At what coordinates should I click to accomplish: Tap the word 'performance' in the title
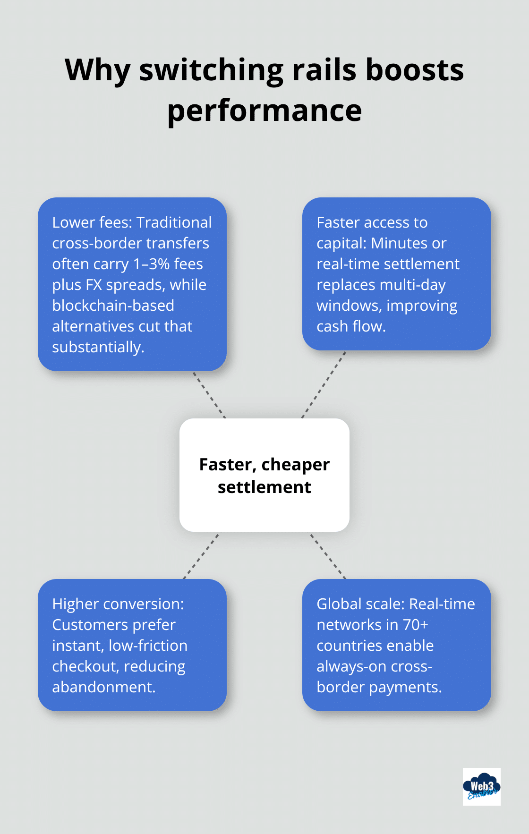pos(264,111)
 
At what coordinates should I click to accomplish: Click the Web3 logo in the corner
pos(481,786)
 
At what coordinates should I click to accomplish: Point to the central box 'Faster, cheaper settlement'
pos(264,475)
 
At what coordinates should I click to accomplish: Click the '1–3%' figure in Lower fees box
pos(151,264)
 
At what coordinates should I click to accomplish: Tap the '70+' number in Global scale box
pos(415,625)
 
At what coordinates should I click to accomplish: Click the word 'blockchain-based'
pos(113,306)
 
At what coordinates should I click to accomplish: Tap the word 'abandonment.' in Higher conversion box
pos(103,687)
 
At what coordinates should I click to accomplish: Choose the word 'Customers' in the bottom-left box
pos(89,625)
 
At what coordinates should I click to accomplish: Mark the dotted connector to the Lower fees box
pos(209,395)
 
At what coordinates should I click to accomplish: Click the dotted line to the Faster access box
pos(324,384)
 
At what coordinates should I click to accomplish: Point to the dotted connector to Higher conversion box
pos(202,555)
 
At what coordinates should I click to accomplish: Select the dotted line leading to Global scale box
pos(327,555)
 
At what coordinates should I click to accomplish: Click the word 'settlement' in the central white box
pos(264,487)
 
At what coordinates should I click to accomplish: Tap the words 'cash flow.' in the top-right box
pos(351,326)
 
